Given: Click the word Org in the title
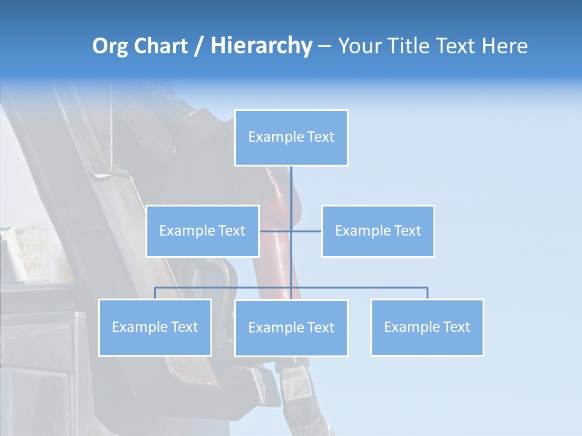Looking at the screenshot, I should [x=110, y=46].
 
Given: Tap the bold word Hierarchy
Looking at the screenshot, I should [x=261, y=46].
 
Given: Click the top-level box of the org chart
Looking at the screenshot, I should [x=291, y=137].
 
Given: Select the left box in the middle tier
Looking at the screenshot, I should [x=202, y=231].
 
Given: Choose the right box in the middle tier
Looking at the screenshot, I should [x=378, y=231].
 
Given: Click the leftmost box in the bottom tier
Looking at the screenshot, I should [x=155, y=327].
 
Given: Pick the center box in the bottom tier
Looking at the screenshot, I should [x=291, y=328].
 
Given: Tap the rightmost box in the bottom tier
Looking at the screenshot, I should [x=427, y=327].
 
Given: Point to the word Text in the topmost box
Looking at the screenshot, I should [x=321, y=137].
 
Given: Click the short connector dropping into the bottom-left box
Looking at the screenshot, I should [x=155, y=293].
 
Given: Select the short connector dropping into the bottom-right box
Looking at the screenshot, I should [x=427, y=293].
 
